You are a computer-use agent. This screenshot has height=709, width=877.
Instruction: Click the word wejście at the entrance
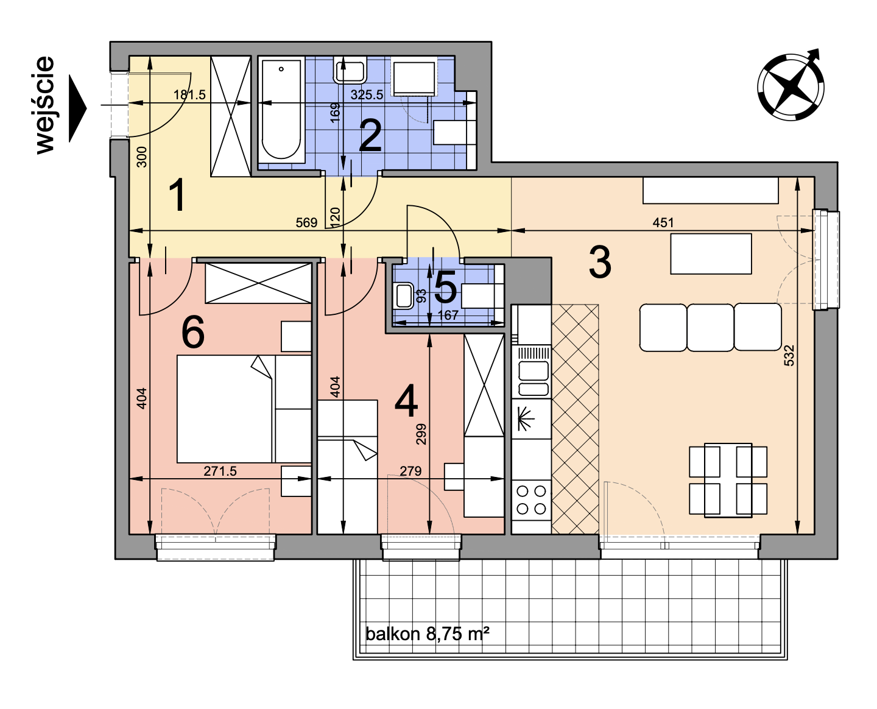coord(45,105)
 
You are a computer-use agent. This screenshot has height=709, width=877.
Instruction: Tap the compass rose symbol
coord(790,86)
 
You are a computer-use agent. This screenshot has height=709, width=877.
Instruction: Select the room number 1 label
coord(177,196)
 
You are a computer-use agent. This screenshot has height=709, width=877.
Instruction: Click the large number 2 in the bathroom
coord(370,135)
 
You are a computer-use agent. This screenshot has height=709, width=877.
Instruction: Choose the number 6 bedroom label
coord(192,332)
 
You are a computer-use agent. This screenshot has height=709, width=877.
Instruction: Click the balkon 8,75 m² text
coord(428,633)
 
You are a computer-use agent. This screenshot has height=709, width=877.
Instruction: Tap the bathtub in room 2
coord(281,110)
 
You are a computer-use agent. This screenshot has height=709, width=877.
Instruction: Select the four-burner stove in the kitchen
coord(531,499)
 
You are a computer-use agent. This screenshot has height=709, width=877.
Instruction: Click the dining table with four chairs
coord(728,480)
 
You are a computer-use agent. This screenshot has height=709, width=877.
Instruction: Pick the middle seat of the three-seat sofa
coord(710,327)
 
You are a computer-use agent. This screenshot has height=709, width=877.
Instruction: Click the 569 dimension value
coord(307,223)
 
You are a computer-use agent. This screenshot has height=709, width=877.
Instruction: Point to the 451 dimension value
coord(663,223)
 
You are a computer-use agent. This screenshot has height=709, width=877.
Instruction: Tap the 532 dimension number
coord(789,355)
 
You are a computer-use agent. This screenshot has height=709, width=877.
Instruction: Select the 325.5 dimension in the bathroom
coord(367,95)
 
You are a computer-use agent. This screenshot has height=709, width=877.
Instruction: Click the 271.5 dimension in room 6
coord(220,471)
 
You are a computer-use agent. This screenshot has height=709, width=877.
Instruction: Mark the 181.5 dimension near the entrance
coord(189,95)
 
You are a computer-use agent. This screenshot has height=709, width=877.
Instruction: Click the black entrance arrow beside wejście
coord(77,108)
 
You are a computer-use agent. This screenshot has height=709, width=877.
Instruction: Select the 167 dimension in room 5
coord(448,316)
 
